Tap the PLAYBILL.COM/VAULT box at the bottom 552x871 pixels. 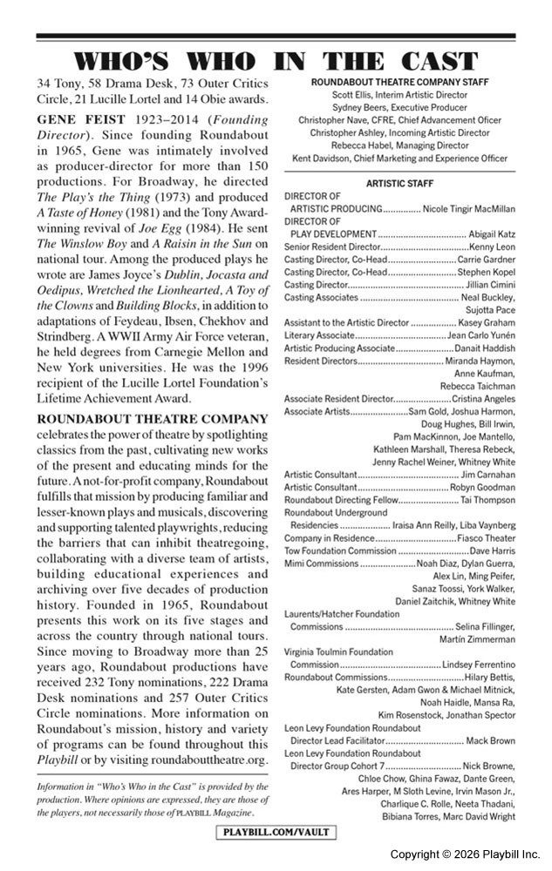[276, 832]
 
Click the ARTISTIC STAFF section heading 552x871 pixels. [399, 184]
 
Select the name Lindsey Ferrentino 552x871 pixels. [479, 665]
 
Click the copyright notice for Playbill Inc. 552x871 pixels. [465, 854]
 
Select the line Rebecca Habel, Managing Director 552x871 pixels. [399, 145]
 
